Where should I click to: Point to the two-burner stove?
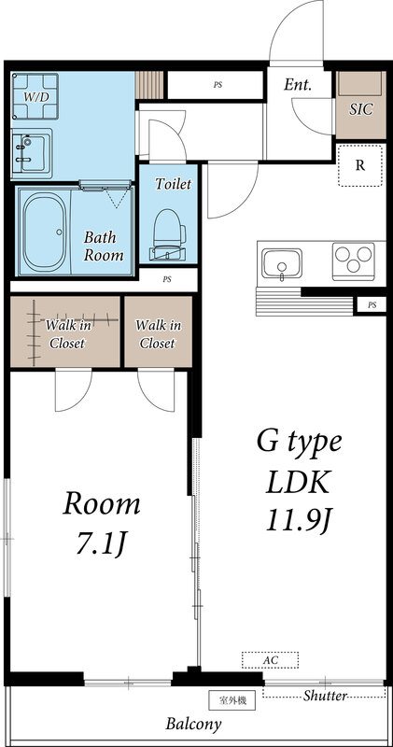(x=353, y=261)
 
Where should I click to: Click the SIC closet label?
(x=360, y=109)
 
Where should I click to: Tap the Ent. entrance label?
(x=298, y=85)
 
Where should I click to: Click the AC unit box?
(x=270, y=660)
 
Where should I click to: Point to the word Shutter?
(x=325, y=696)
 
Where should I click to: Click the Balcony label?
(x=194, y=725)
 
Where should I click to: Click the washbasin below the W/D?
(x=32, y=149)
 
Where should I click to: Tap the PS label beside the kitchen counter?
(x=372, y=304)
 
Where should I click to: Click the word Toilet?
(x=174, y=185)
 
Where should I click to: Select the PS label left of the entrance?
(x=218, y=84)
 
